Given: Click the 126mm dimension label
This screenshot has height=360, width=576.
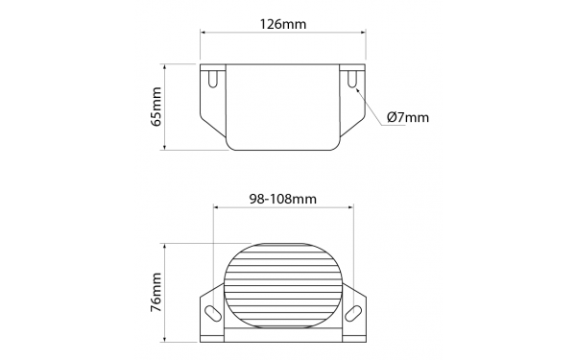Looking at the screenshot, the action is pyautogui.click(x=283, y=24).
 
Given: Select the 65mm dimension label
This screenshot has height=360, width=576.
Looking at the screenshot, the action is pyautogui.click(x=156, y=107).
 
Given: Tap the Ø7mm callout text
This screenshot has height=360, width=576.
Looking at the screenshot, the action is pyautogui.click(x=408, y=117).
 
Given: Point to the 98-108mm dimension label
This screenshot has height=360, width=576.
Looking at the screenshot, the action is pyautogui.click(x=283, y=199).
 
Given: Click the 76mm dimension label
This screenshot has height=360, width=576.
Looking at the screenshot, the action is pyautogui.click(x=156, y=293).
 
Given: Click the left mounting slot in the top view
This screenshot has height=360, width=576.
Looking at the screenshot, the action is pyautogui.click(x=213, y=79).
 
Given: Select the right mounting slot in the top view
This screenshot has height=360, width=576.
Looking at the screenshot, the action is pyautogui.click(x=352, y=79).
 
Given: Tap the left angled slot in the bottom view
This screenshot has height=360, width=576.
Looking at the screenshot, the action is pyautogui.click(x=213, y=313).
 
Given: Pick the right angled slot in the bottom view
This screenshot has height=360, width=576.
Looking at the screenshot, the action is pyautogui.click(x=353, y=313).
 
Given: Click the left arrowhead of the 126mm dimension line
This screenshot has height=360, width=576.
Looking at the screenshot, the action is pyautogui.click(x=203, y=33).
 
